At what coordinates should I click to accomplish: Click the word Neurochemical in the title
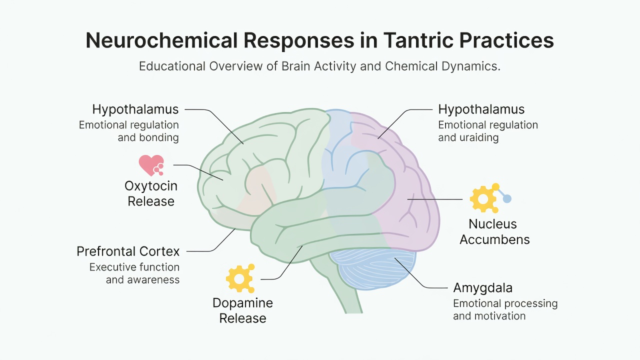point(161,40)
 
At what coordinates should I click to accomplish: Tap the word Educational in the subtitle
point(172,66)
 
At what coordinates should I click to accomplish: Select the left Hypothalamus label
point(135,109)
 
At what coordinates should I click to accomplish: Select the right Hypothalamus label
point(481,109)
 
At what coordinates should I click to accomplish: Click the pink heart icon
point(151,165)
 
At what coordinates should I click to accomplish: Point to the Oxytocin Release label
point(151,193)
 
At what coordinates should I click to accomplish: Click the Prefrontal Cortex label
point(128,251)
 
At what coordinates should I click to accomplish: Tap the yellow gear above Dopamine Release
point(240,278)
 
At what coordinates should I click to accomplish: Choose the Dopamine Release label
point(243,310)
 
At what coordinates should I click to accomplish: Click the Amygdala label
point(483,288)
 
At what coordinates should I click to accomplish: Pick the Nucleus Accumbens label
point(494,231)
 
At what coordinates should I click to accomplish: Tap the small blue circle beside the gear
point(507,198)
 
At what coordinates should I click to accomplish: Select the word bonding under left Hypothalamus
point(159,137)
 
